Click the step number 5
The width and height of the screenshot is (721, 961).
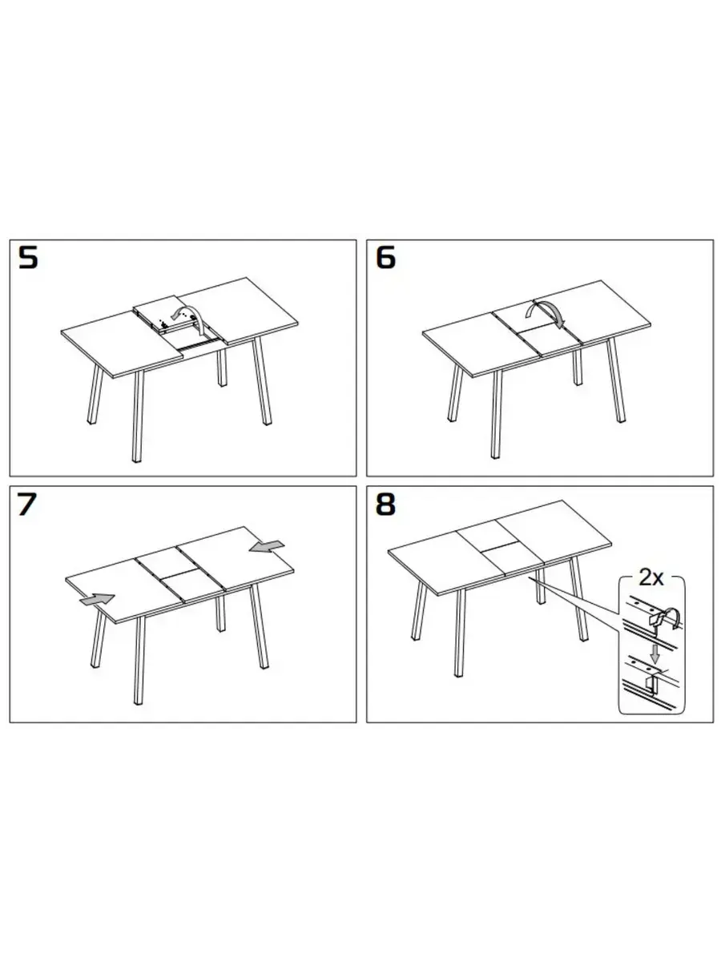[x=28, y=257]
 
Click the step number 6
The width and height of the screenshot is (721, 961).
[x=385, y=257]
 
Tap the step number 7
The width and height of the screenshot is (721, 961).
[x=26, y=504]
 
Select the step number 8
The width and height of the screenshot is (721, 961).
[x=385, y=504]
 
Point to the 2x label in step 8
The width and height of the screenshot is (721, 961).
[x=651, y=578]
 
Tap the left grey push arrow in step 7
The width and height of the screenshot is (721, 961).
[x=97, y=599]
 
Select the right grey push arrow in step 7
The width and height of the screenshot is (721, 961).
[x=267, y=547]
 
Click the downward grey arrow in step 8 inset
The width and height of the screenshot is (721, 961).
[x=655, y=654]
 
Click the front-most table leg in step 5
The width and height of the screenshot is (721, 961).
[x=138, y=416]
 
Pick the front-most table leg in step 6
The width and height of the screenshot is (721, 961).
[x=497, y=414]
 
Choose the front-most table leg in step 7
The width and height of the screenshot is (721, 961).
[x=139, y=660]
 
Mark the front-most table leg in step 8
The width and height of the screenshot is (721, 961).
[x=459, y=633]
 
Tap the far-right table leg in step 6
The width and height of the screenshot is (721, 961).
[x=615, y=380]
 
